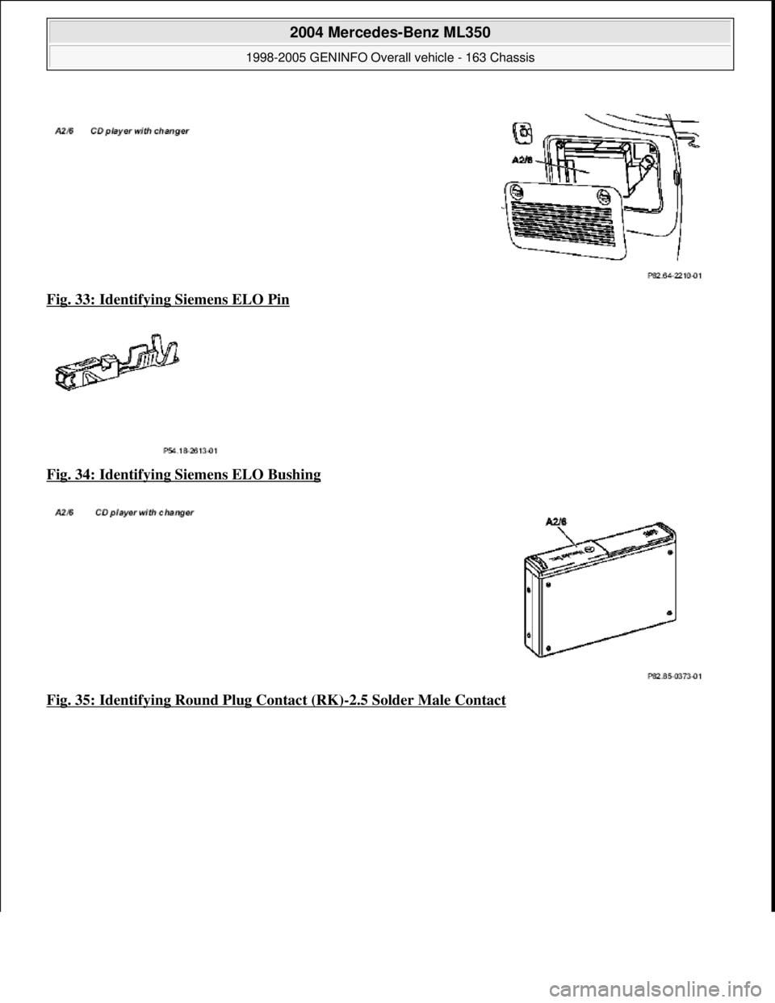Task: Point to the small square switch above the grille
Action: [x=523, y=130]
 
